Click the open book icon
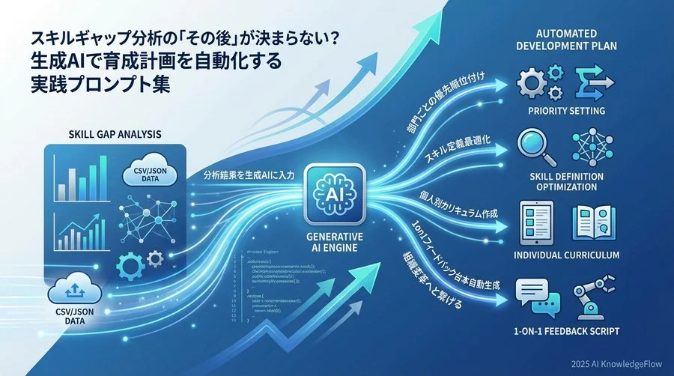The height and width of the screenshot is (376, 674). point(594,224)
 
